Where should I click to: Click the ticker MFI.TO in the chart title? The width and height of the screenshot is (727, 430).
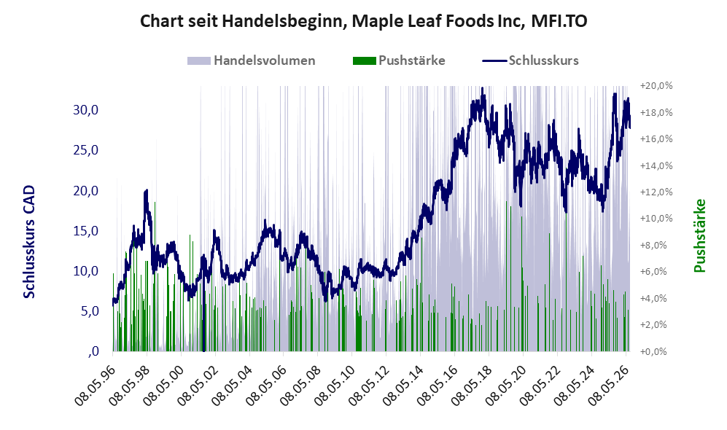point(559,21)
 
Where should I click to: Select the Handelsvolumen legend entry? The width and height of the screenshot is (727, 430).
point(252,60)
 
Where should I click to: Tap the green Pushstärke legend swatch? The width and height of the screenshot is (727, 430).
point(364,60)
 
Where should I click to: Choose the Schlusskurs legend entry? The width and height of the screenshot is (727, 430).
point(530,60)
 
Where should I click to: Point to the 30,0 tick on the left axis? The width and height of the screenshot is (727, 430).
point(86,110)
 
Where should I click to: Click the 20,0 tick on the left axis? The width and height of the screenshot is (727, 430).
point(86,190)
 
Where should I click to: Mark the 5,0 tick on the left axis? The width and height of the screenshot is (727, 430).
point(90,311)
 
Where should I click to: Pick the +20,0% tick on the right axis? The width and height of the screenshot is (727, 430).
point(656,86)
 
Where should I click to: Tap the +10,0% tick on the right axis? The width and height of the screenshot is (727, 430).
point(656,218)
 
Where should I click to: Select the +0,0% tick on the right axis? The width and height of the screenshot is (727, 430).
point(654,351)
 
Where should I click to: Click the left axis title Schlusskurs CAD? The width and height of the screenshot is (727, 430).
point(29,241)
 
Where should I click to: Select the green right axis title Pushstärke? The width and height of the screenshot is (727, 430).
point(699,235)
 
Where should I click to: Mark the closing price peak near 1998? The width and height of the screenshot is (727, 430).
point(147,190)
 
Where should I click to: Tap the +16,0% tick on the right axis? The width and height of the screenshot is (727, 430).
point(656,139)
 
